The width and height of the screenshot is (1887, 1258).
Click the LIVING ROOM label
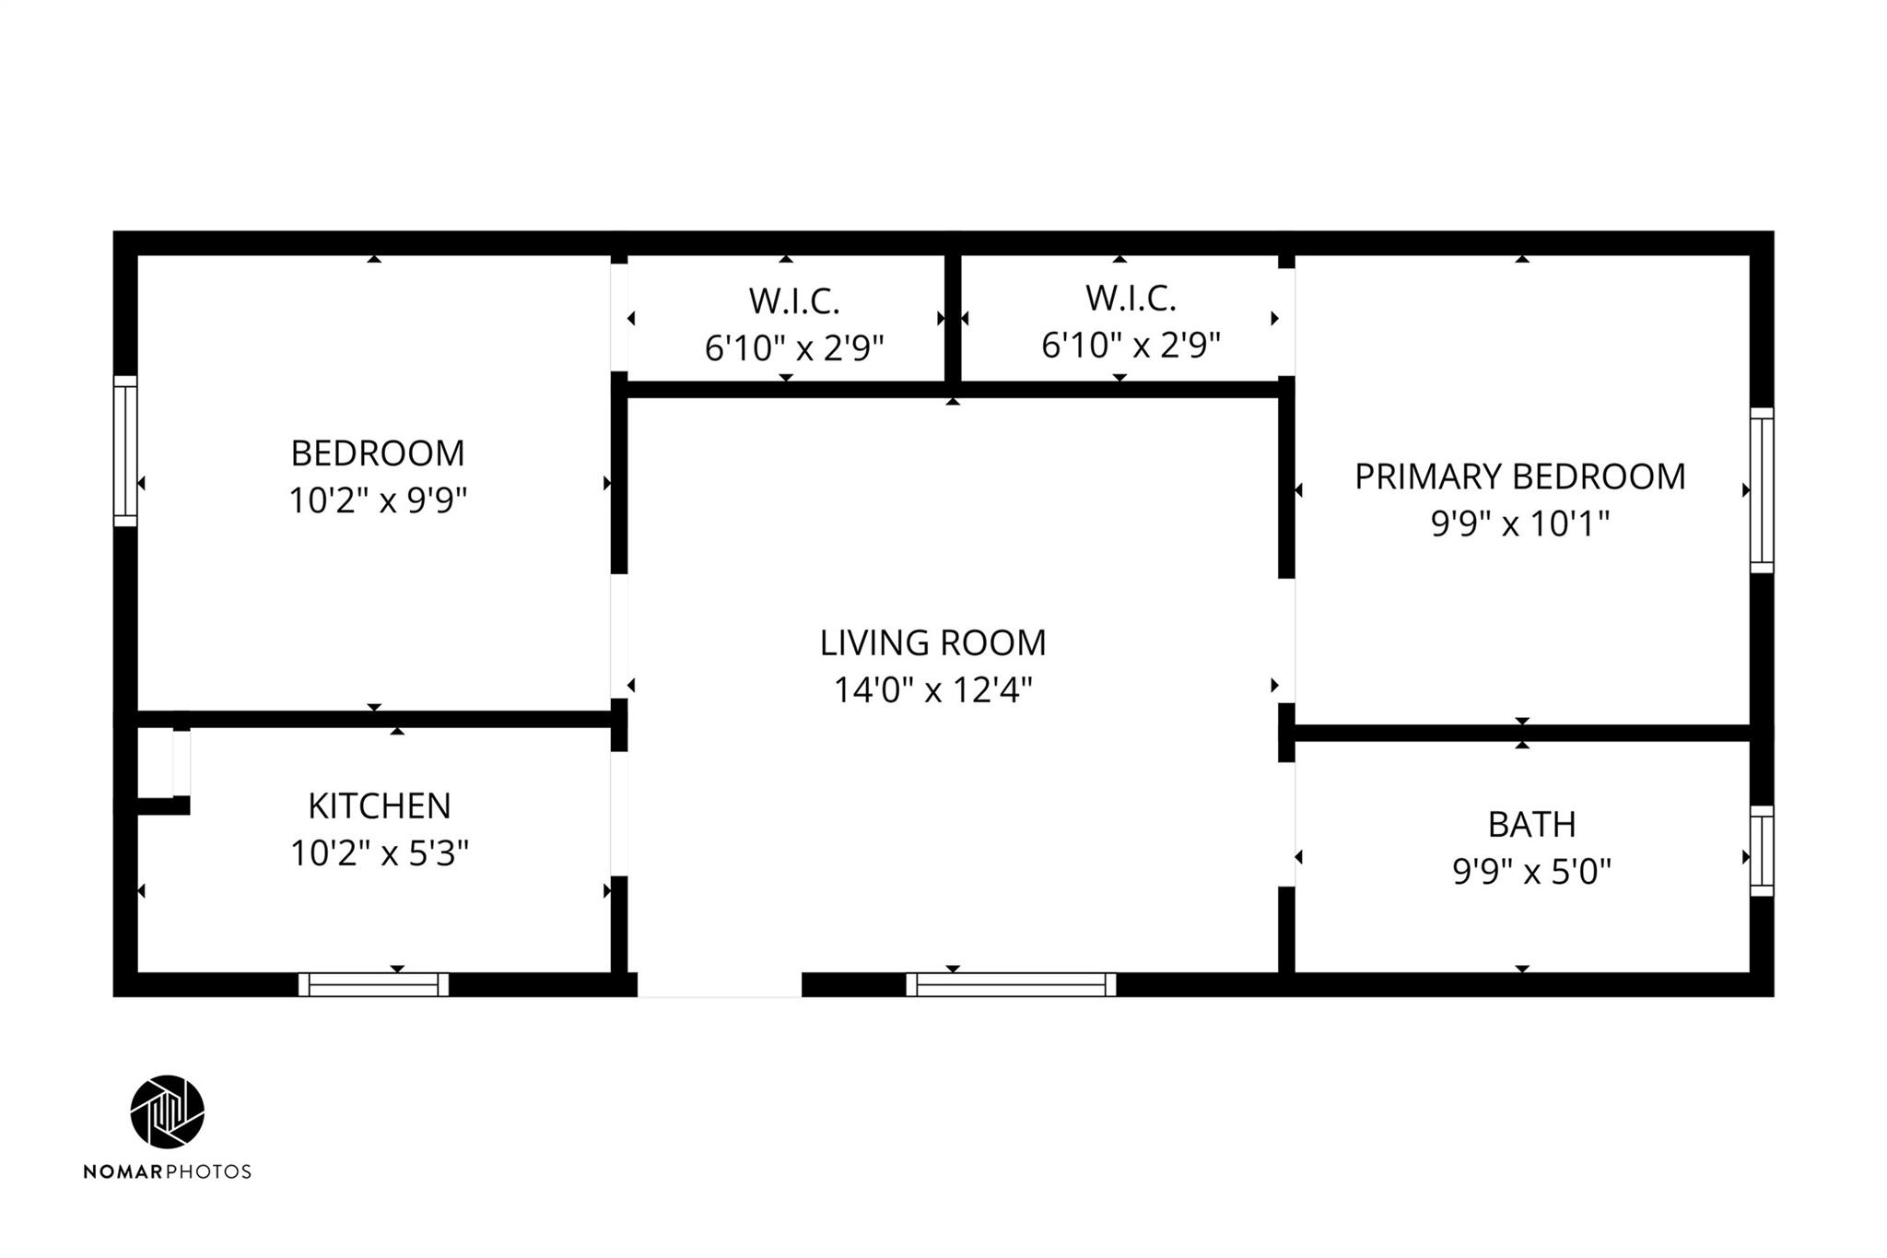pyautogui.click(x=932, y=642)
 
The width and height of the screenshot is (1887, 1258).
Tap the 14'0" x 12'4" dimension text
pyautogui.click(x=932, y=689)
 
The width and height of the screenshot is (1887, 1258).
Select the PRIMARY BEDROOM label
pyautogui.click(x=1520, y=476)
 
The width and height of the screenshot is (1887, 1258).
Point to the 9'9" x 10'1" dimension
pyautogui.click(x=1520, y=523)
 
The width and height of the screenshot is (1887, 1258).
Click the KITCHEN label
pyautogui.click(x=380, y=805)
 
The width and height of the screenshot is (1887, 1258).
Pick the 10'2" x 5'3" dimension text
pyautogui.click(x=380, y=853)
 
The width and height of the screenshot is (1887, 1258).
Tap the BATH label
pyautogui.click(x=1531, y=824)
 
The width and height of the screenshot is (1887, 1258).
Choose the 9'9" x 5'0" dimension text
pyautogui.click(x=1531, y=871)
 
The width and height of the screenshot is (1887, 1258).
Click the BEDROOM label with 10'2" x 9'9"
pyautogui.click(x=378, y=453)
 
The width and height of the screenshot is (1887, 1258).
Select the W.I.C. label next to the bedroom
pyautogui.click(x=794, y=301)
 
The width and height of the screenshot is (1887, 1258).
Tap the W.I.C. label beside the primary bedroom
pyautogui.click(x=1131, y=299)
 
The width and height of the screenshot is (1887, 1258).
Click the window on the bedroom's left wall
pyautogui.click(x=125, y=451)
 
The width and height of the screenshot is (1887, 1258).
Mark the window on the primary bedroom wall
pyautogui.click(x=1762, y=490)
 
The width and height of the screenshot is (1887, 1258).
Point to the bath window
pyautogui.click(x=1762, y=851)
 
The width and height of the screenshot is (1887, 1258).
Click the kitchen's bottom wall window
pyautogui.click(x=373, y=984)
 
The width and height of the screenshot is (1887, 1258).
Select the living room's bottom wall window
pyautogui.click(x=1011, y=984)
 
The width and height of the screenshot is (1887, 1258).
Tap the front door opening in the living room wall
pyautogui.click(x=720, y=984)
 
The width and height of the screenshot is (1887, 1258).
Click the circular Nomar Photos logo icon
pyautogui.click(x=168, y=1111)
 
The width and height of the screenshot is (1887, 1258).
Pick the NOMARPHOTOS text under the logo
pyautogui.click(x=168, y=1171)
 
